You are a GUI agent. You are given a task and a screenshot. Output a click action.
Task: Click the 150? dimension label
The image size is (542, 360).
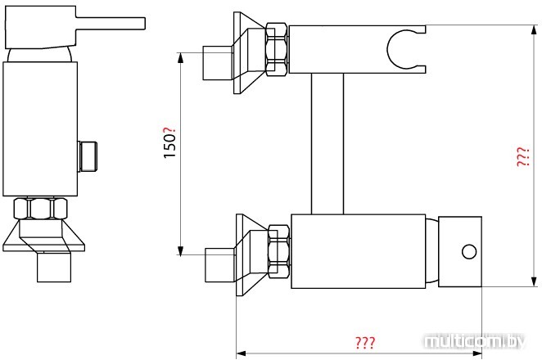(x=169, y=142)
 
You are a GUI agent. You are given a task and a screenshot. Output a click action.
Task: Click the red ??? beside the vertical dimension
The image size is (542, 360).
(x=523, y=157)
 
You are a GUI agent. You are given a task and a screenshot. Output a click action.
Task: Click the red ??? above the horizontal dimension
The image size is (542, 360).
(x=365, y=342)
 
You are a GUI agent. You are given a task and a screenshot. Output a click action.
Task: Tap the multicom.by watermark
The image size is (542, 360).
(x=475, y=341)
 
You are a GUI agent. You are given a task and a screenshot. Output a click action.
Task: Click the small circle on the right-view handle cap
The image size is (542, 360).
(x=469, y=251)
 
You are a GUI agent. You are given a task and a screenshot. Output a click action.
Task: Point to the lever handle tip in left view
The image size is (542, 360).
(x=144, y=24)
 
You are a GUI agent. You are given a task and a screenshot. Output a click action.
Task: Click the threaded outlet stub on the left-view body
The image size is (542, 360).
(x=87, y=156)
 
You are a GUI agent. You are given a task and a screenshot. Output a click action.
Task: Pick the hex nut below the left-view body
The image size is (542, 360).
(x=40, y=208)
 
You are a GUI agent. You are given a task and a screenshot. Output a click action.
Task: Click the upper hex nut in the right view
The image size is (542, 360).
(x=276, y=49)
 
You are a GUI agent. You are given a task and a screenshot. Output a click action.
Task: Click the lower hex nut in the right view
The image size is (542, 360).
(x=279, y=251)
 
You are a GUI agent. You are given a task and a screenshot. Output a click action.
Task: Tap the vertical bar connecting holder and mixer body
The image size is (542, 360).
(x=327, y=144)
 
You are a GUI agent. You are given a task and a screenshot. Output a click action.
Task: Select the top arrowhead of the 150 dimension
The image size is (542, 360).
(x=180, y=58)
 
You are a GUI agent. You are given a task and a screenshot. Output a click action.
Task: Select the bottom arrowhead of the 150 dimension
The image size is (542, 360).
(x=180, y=250)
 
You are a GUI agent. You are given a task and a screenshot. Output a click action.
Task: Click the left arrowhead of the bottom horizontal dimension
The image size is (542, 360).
(x=241, y=353)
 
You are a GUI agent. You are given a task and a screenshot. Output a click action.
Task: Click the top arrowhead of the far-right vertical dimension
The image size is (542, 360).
(x=535, y=30)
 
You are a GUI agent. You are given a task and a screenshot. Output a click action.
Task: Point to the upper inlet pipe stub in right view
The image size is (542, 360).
(x=217, y=63)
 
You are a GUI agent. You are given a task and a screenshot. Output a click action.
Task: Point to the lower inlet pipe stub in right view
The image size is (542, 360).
(x=220, y=264)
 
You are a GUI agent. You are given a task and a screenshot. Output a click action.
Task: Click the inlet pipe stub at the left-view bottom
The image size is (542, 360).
(x=54, y=267)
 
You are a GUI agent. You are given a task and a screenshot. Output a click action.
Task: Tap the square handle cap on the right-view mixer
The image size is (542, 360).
(x=460, y=251)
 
